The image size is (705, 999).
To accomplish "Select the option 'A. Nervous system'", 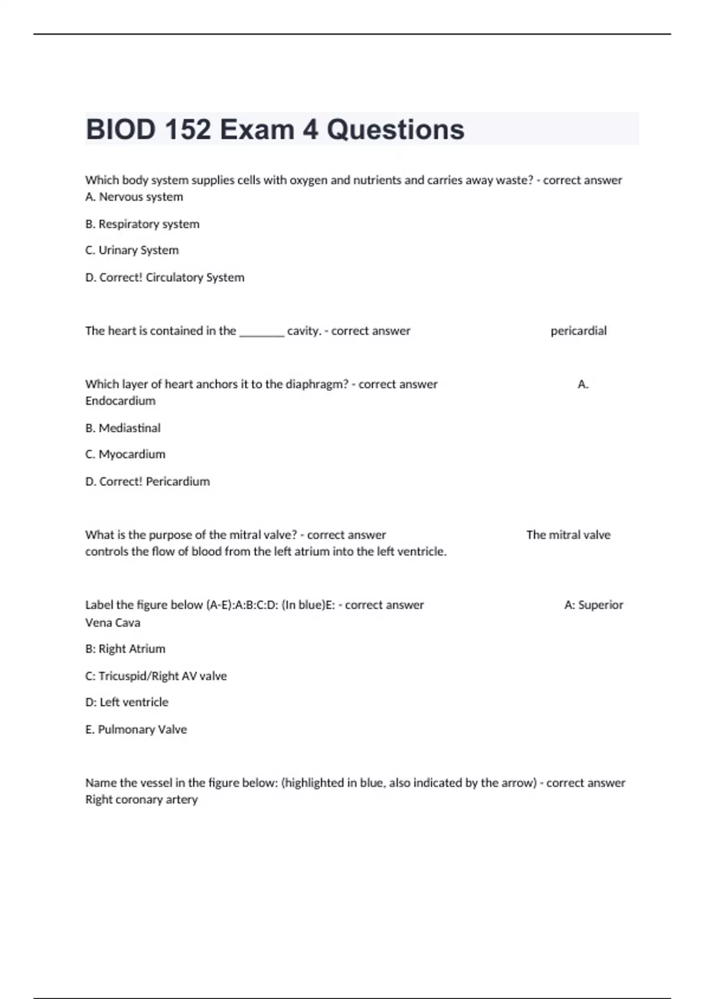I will click(x=134, y=197).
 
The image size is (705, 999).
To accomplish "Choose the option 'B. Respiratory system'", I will click(x=142, y=224).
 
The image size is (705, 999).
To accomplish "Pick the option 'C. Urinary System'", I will click(x=132, y=250).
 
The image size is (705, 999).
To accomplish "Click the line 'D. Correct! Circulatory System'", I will click(x=164, y=277).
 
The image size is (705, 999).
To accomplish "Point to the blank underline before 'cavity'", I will click(x=261, y=331).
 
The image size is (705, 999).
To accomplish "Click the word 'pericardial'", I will click(x=578, y=331).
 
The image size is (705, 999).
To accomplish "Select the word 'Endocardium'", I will click(x=120, y=401).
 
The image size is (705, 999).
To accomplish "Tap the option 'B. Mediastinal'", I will click(x=123, y=428).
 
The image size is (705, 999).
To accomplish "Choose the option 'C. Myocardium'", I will click(x=125, y=454).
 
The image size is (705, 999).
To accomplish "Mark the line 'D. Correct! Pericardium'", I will click(x=147, y=481).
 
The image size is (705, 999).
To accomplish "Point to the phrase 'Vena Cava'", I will click(x=113, y=622).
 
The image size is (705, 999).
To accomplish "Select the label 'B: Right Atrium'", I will click(x=125, y=649).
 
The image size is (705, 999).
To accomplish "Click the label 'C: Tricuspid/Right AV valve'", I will click(x=156, y=676).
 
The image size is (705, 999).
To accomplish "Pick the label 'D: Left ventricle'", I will click(x=127, y=702).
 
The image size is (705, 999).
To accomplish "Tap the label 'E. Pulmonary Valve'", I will click(x=136, y=729).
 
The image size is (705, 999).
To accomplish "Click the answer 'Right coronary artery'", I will click(x=142, y=799).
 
